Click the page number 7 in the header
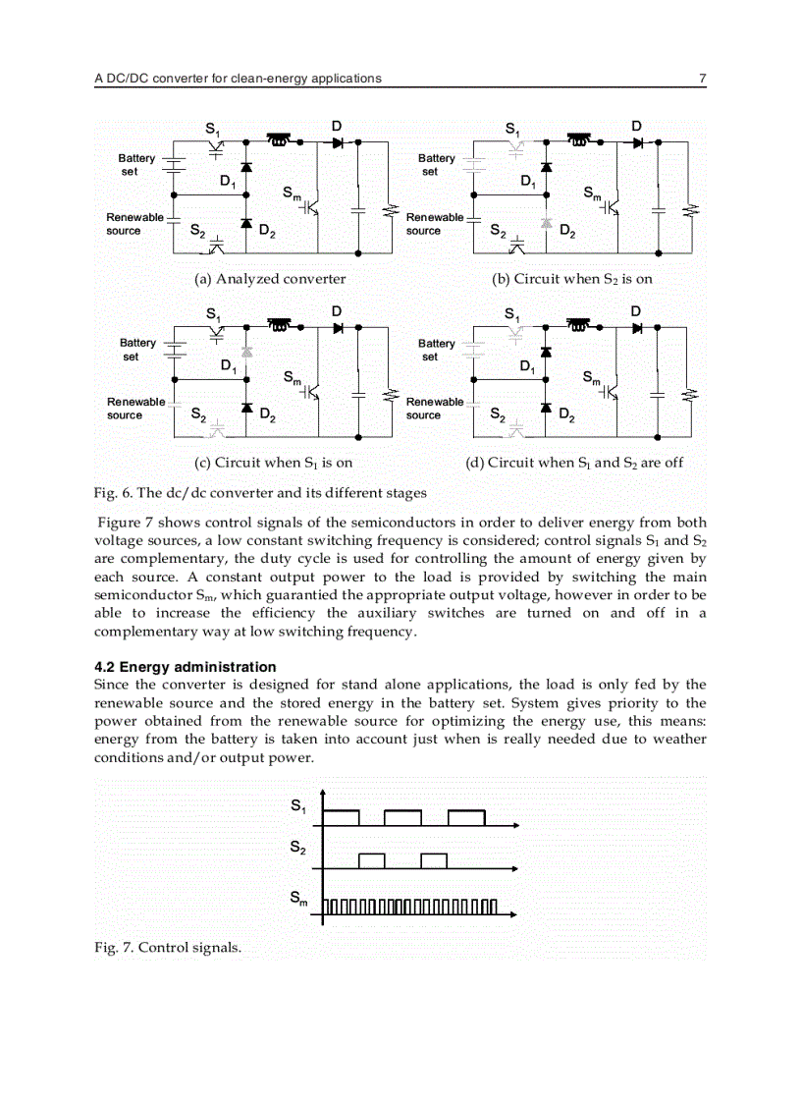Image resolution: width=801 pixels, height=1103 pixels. pyautogui.click(x=702, y=78)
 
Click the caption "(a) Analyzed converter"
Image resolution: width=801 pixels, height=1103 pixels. pyautogui.click(x=270, y=279)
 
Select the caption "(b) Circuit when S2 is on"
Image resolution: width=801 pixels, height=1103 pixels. pyautogui.click(x=572, y=279)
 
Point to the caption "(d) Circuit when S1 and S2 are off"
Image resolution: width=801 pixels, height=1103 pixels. pyautogui.click(x=574, y=463)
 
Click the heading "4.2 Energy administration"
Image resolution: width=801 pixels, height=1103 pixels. pyautogui.click(x=185, y=667)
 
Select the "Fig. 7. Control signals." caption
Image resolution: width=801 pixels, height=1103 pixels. pyautogui.click(x=167, y=947)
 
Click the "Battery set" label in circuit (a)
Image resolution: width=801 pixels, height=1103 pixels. pyautogui.click(x=136, y=165)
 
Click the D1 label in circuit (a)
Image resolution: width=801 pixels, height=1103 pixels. pyautogui.click(x=227, y=182)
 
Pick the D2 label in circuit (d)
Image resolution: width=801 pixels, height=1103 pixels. pyautogui.click(x=566, y=416)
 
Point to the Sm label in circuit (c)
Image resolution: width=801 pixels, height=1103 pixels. pyautogui.click(x=292, y=377)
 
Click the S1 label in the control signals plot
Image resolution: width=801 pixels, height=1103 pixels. pyautogui.click(x=298, y=806)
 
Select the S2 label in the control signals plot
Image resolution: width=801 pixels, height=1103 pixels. pyautogui.click(x=298, y=848)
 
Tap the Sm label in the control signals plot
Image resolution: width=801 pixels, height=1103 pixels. pyautogui.click(x=298, y=898)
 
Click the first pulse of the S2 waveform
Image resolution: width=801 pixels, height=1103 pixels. pyautogui.click(x=371, y=860)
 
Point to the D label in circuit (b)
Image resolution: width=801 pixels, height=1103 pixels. pyautogui.click(x=636, y=126)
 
